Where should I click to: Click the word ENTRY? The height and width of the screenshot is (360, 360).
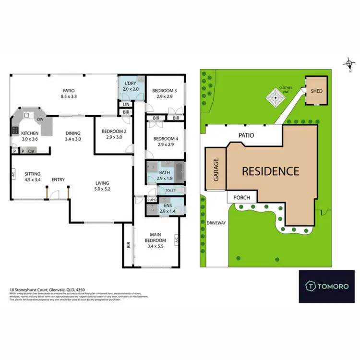tap(58, 180)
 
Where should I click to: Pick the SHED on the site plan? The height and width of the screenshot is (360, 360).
tap(316, 91)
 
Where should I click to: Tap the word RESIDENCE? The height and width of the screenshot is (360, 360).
tap(270, 170)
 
